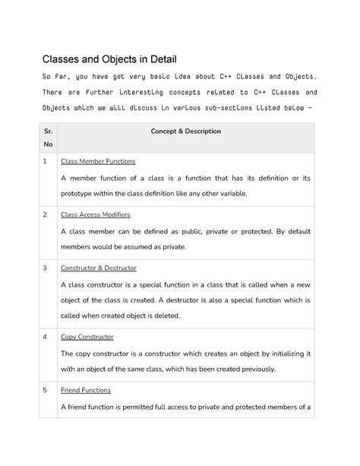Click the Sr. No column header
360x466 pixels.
49,137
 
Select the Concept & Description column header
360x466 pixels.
186,132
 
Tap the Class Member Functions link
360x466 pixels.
98,162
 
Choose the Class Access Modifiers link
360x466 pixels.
97,215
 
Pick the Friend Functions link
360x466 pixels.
86,390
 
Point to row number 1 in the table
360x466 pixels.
46,162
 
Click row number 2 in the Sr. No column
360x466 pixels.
46,215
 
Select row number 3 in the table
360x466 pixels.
46,268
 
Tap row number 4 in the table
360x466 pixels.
46,336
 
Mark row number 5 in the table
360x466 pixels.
46,390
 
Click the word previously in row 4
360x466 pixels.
255,369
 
